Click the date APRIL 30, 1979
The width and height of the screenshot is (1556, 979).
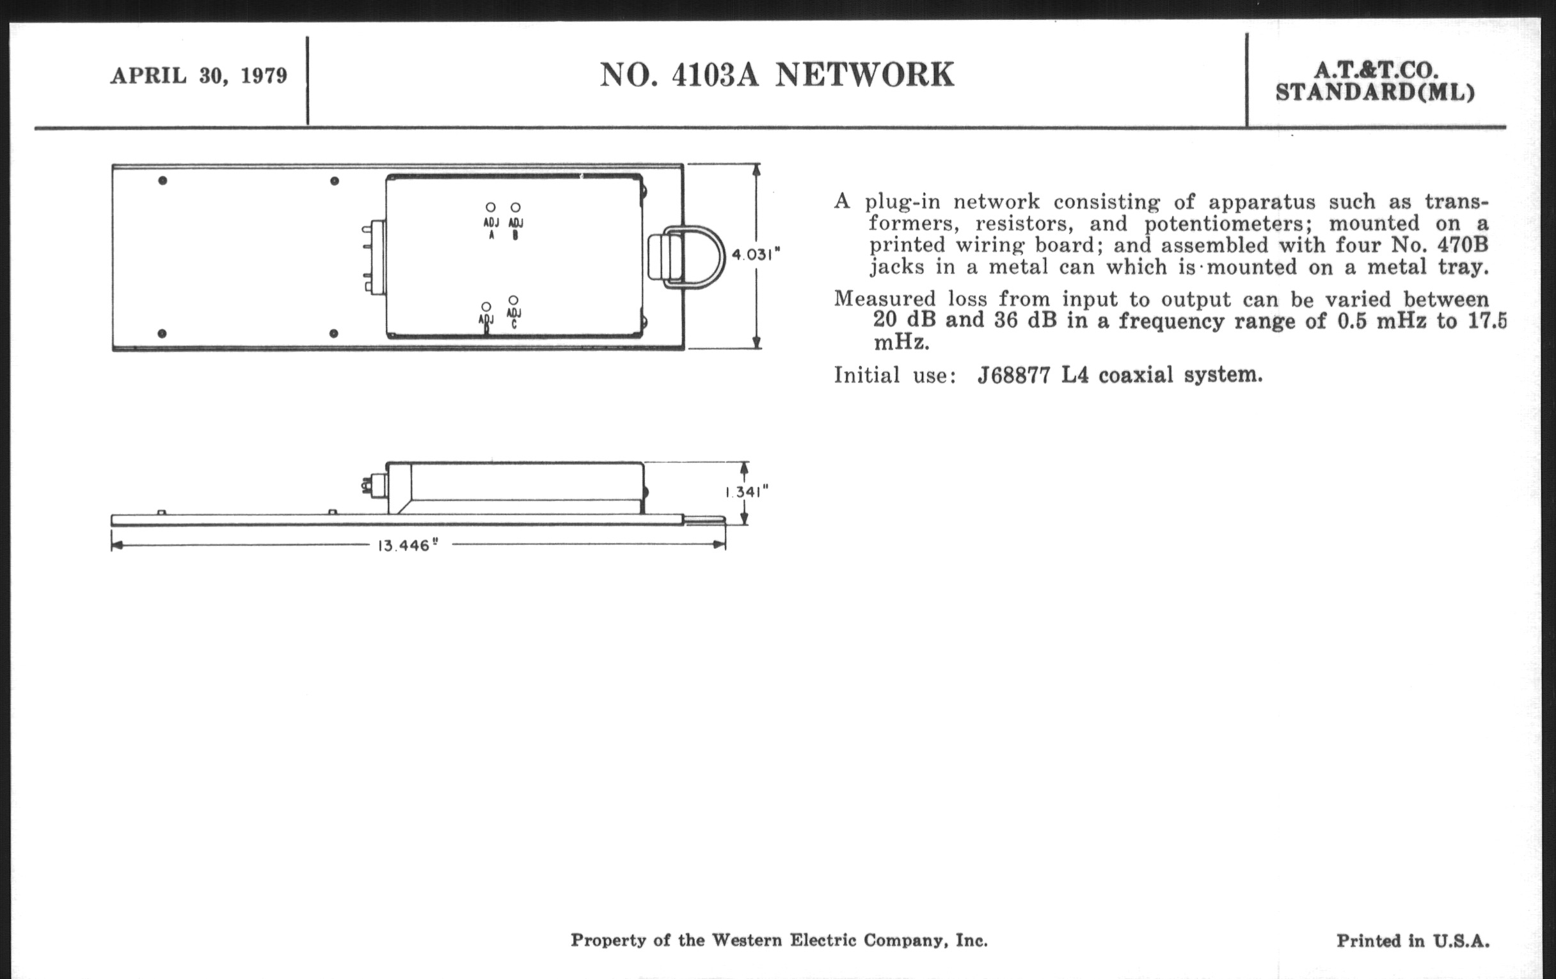(x=198, y=76)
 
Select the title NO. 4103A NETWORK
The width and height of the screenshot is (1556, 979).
(x=777, y=74)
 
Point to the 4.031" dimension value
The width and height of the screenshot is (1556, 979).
(x=754, y=255)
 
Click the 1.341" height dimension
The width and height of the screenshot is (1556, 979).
(x=747, y=493)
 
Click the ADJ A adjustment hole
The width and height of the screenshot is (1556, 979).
(x=491, y=207)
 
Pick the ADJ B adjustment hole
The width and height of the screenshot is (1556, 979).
(x=515, y=207)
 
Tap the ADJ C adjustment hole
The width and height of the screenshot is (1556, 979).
(x=513, y=301)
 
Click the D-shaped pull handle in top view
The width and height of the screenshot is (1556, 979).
(x=695, y=257)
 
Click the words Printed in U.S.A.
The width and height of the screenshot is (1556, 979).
(x=1413, y=940)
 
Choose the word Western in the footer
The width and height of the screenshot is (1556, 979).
(x=747, y=939)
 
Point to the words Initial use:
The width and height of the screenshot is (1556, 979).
(x=894, y=375)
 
